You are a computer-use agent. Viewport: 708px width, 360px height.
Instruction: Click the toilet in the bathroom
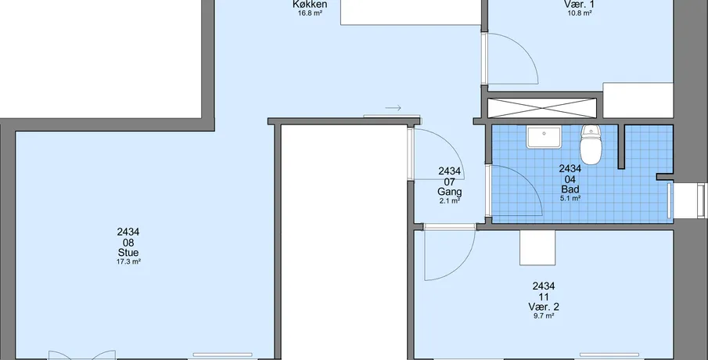tap(591, 145)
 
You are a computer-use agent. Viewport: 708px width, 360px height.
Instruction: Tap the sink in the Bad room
tap(544, 137)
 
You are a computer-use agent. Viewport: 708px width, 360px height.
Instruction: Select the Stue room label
tap(128, 253)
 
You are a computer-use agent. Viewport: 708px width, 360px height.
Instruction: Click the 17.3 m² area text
tap(128, 261)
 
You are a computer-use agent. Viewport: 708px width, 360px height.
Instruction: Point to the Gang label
tap(449, 192)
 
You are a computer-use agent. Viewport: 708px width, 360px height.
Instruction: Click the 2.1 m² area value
tap(449, 201)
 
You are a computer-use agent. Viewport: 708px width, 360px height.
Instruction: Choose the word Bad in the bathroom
tap(570, 189)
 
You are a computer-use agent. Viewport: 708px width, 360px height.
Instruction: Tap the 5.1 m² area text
tap(570, 198)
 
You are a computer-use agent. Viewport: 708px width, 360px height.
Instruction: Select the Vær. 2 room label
tap(544, 307)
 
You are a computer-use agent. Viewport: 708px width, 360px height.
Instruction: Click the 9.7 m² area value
tap(544, 316)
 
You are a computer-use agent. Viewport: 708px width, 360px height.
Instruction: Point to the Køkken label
tap(310, 5)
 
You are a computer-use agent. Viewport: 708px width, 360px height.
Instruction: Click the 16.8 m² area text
tap(310, 13)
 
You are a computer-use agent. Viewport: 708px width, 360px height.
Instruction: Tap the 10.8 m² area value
tap(580, 13)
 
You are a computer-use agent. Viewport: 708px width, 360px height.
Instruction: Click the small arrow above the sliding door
tap(394, 108)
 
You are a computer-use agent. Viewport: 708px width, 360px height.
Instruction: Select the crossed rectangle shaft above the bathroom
tap(542, 108)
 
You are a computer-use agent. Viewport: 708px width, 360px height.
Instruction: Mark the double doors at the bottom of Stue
tap(81, 355)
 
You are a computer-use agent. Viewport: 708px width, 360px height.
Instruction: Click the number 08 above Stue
tap(128, 243)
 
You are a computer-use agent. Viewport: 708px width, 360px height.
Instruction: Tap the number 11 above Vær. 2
tap(544, 297)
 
